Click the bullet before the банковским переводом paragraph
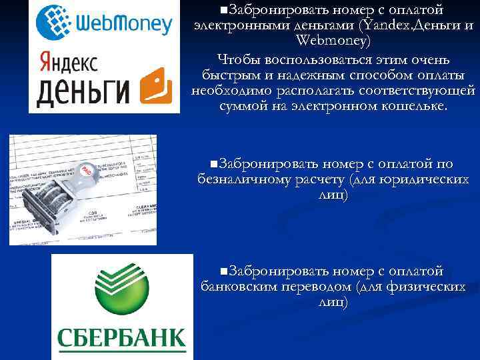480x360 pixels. [x=223, y=271]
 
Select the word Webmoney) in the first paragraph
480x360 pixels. [x=333, y=41]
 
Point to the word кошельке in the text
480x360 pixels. [x=414, y=105]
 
